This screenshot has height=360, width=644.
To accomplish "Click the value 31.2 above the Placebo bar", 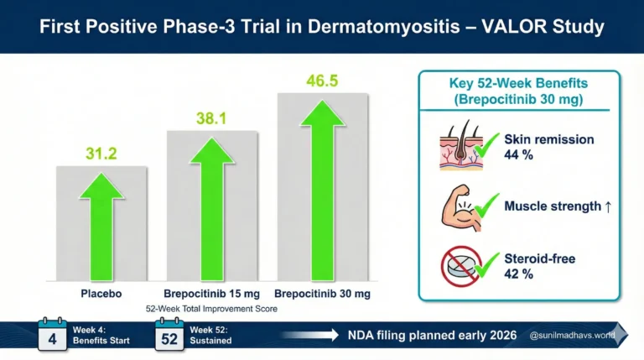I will [x=101, y=153].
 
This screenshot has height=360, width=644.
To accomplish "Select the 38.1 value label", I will [x=212, y=119].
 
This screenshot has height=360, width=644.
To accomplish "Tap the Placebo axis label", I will [x=101, y=293].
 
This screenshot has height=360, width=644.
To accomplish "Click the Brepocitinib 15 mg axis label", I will [x=211, y=293].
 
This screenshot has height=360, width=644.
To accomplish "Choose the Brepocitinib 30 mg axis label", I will [x=323, y=293].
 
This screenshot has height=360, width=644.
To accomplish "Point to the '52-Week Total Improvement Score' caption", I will [x=211, y=309].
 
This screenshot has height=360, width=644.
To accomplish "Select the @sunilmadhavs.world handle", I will [x=573, y=336].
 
